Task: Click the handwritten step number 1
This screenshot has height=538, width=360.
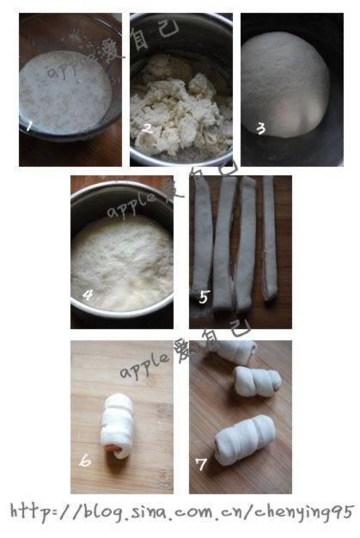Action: pos(29,125)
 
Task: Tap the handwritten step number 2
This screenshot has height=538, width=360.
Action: pos(147,128)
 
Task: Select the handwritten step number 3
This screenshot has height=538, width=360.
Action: pos(261,129)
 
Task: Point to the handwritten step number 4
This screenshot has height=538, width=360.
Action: pos(88,295)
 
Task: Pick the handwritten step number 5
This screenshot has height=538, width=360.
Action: pos(204,297)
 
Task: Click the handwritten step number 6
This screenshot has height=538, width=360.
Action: pos(85,461)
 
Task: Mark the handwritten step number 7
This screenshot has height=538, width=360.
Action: pos(201,464)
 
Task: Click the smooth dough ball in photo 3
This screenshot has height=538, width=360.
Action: pos(284,85)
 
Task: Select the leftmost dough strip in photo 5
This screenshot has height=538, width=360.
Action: pos(202,236)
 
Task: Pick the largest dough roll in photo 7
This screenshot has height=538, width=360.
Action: pos(245,440)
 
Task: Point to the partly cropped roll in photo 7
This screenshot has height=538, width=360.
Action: pos(235,352)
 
